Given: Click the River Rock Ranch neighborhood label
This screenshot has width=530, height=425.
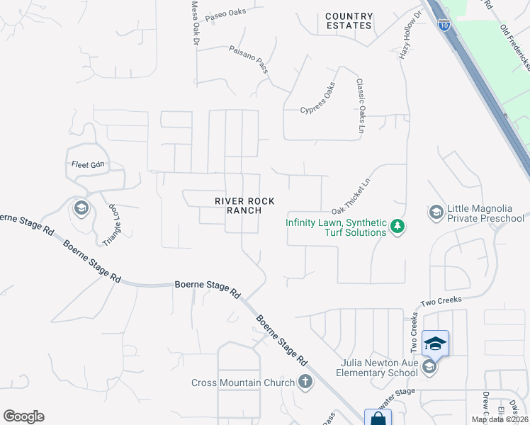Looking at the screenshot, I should coord(238,205).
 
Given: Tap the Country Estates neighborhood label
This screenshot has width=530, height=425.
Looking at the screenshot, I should coord(349,21).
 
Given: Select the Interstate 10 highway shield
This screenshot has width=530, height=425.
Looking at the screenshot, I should coord(442,25).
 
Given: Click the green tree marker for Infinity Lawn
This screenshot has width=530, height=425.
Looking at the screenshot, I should coord(398,227).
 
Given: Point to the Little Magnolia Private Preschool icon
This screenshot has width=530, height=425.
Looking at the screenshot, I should coord(436,212).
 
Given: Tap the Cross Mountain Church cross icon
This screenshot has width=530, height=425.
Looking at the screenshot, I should coord(305,382).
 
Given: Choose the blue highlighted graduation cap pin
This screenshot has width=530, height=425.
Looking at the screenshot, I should coord(435,344).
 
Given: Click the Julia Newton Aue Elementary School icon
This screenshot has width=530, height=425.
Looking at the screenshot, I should coord(429,367).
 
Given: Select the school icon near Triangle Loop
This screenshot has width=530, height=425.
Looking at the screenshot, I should coord(80,208).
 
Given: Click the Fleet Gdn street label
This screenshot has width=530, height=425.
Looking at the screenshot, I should coord(88,165).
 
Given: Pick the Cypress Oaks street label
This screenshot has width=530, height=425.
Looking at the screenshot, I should coord(317,101).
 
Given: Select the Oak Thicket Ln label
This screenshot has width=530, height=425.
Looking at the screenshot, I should coord(351,196).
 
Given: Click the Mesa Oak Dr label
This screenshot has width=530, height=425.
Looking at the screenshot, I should coord(195,23).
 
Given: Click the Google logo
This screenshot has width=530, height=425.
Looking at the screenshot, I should coord(23,416).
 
